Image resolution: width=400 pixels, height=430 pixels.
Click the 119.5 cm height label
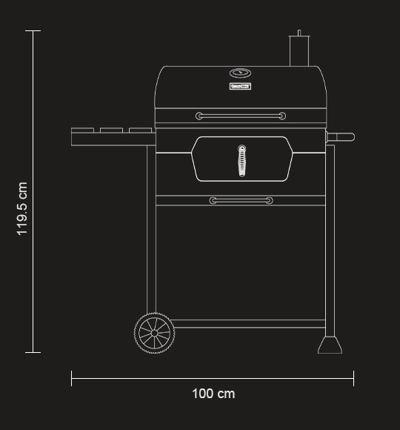(22, 208)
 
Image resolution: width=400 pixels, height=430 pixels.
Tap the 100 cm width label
(213, 394)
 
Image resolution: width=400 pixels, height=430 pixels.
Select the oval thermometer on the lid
(240, 73)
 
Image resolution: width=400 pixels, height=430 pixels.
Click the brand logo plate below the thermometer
(240, 87)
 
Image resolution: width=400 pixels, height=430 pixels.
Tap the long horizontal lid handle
(241, 116)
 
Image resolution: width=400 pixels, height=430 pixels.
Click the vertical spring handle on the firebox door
(241, 161)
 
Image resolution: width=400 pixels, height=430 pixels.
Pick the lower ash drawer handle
(241, 201)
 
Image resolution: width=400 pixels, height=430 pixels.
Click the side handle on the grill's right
(341, 137)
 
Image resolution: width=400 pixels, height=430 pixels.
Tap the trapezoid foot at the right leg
(330, 345)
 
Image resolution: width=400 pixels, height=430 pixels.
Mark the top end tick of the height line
(33, 31)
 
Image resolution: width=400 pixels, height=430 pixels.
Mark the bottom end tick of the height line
(33, 353)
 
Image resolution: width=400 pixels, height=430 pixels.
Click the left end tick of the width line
(72, 378)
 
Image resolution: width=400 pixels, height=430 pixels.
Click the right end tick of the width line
(353, 378)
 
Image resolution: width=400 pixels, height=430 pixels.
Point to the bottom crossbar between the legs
(248, 324)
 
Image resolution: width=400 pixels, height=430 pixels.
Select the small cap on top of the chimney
(299, 33)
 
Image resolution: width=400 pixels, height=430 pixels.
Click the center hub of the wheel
(154, 333)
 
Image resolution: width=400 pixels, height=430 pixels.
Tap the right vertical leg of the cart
(330, 237)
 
